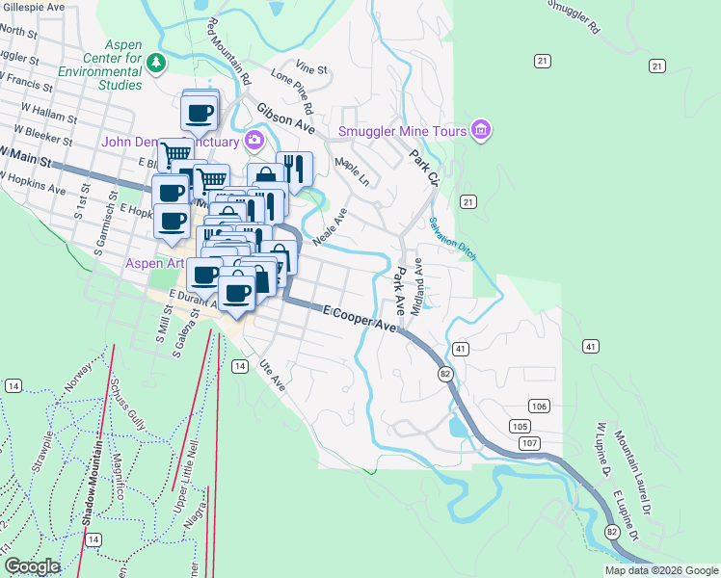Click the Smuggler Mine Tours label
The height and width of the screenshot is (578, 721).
tap(402, 131)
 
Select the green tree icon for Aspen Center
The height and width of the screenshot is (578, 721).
tap(157, 63)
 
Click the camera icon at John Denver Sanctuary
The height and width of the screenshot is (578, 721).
tap(254, 141)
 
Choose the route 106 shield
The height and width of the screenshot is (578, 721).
tap(539, 407)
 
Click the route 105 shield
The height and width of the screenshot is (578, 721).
tap(520, 426)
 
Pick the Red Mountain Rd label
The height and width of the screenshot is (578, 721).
tap(228, 51)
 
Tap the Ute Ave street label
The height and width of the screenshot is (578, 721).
tap(273, 375)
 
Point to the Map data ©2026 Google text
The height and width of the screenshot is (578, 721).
tap(661, 570)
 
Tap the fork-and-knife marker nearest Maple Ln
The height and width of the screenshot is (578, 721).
tap(294, 169)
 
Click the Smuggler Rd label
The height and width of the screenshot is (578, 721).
tap(573, 17)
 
